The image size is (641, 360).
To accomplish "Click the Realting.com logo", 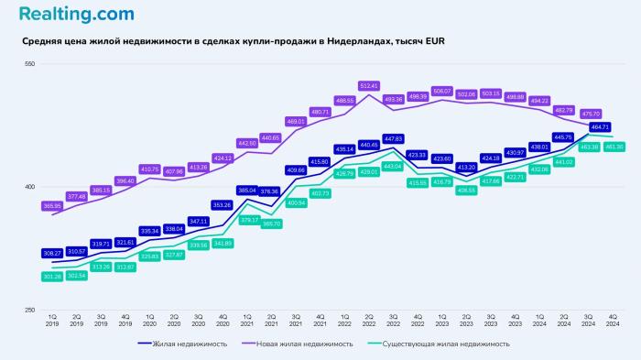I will coord(75,15).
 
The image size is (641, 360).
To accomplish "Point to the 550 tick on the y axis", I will coord(28,63).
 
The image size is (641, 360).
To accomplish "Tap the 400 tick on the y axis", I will coord(28,187).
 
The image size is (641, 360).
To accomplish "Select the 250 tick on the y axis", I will coord(28,311).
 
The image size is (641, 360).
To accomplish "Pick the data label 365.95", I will coord(52,206).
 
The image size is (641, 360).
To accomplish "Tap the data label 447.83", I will coord(394,139).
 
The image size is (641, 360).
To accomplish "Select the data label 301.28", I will coord(52,276).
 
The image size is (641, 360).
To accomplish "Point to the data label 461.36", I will coord(614,147).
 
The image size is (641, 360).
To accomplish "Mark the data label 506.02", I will coord(442,91).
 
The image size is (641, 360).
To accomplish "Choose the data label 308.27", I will coord(52,253).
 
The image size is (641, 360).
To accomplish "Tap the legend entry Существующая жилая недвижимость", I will coord(450,344).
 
